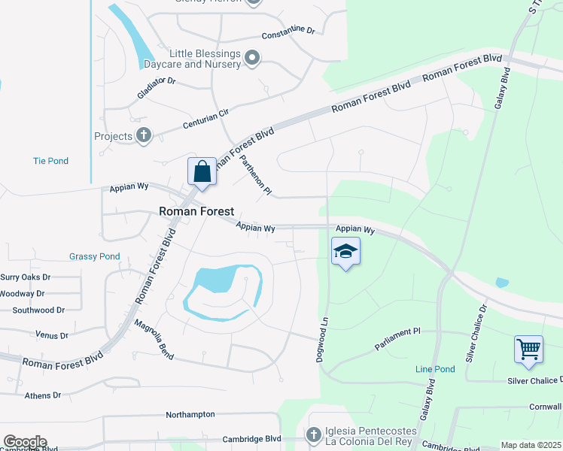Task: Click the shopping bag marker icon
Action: click(202, 171)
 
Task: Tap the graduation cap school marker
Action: click(345, 251)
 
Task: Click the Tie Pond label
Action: click(50, 161)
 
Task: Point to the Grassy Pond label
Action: click(94, 256)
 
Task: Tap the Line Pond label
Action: click(435, 369)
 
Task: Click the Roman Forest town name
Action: click(196, 212)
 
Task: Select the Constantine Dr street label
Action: click(288, 33)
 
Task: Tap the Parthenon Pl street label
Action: click(257, 174)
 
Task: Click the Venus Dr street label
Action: click(51, 334)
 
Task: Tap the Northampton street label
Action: click(190, 414)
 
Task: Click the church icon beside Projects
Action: click(144, 136)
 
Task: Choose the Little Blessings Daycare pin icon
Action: click(253, 58)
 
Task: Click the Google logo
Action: click(24, 442)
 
